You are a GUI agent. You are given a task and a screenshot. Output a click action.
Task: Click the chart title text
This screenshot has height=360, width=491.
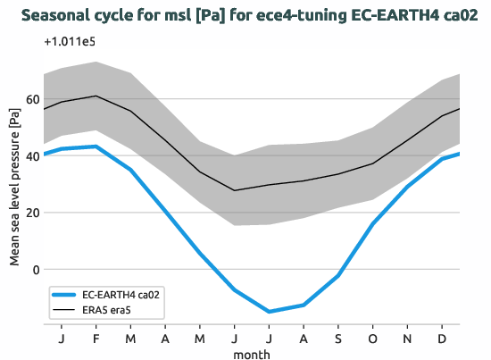(245, 15)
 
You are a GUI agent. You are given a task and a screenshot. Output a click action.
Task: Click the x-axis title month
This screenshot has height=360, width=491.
(251, 354)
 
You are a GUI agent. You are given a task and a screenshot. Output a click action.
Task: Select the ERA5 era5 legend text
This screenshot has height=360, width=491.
(111, 310)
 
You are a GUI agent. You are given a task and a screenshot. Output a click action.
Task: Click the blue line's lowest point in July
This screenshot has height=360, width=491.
(269, 312)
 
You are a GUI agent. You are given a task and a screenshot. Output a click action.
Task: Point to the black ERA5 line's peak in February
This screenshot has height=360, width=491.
(96, 96)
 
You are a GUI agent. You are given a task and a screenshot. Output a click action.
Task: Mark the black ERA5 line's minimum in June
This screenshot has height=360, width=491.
(235, 190)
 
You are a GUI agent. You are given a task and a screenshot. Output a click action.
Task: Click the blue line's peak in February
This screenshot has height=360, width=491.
(96, 147)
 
